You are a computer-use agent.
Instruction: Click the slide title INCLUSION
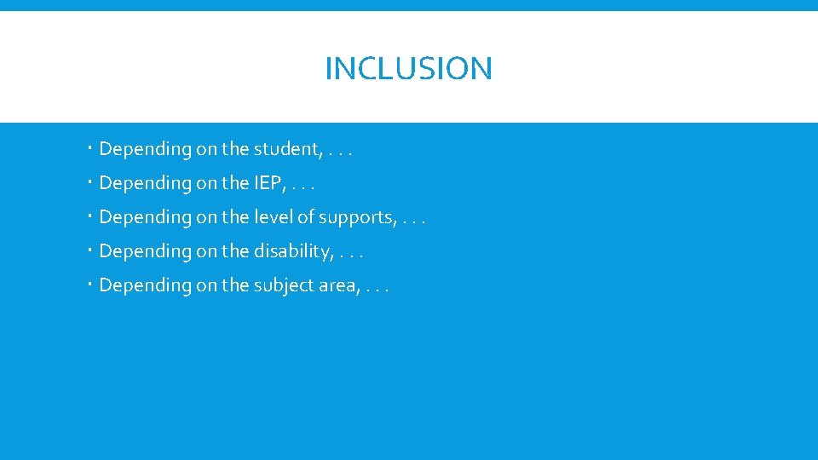[x=408, y=68]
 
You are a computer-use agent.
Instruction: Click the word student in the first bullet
[x=285, y=149]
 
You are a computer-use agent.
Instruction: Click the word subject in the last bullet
[x=282, y=285]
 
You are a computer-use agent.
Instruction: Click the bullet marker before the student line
[x=90, y=149]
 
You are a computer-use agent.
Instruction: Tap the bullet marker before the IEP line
[x=90, y=183]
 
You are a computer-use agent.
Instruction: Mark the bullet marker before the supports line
[x=90, y=217]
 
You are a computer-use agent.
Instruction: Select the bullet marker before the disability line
[x=90, y=251]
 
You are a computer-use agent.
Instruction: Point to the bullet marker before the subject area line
[x=90, y=285]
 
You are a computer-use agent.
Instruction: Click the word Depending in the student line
[x=146, y=150]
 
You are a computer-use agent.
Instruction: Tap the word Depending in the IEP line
[x=146, y=184]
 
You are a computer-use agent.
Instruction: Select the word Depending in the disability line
[x=146, y=252]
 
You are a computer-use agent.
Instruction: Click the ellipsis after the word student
[x=340, y=153]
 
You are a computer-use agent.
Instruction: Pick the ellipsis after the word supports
[x=412, y=221]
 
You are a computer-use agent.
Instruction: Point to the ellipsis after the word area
[x=377, y=290]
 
